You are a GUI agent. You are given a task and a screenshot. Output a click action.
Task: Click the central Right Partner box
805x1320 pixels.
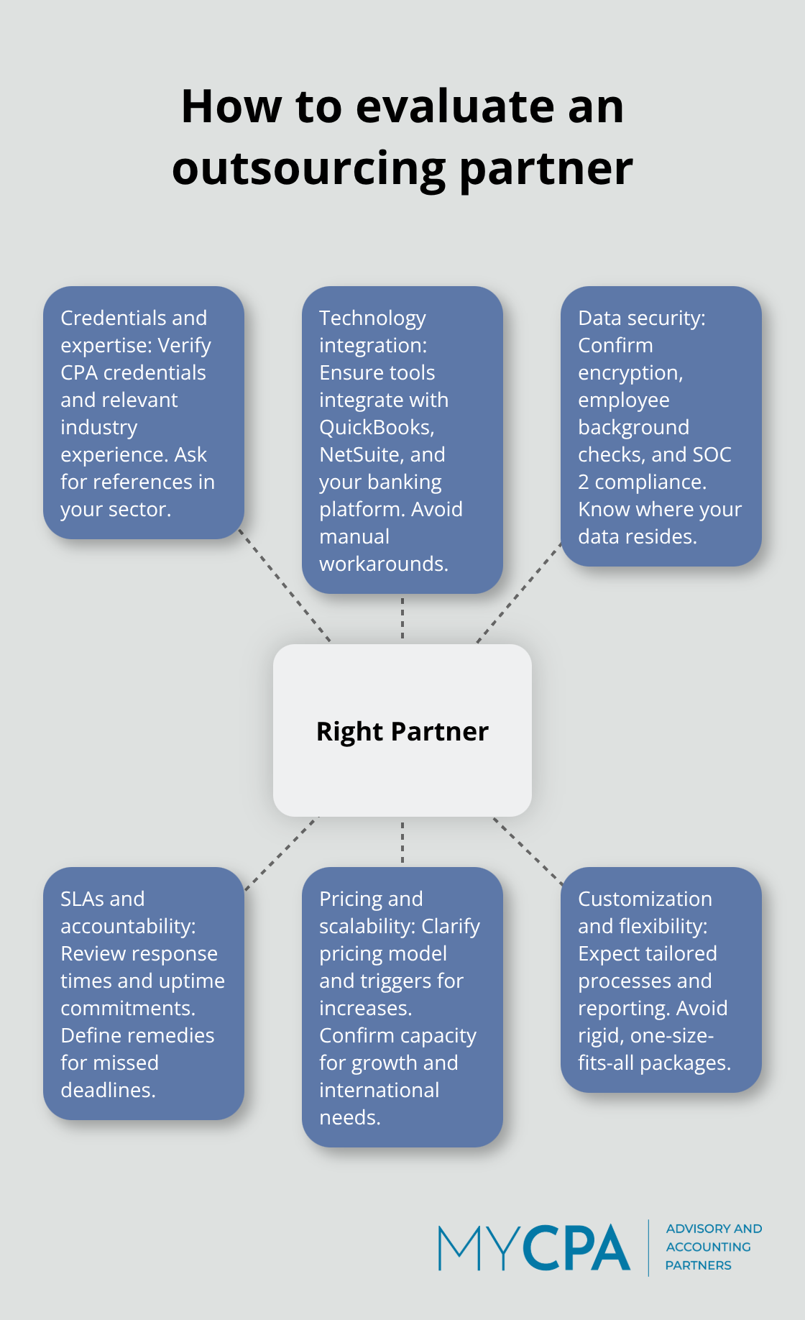click(402, 730)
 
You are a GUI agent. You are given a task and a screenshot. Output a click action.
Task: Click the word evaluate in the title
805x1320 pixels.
click(456, 106)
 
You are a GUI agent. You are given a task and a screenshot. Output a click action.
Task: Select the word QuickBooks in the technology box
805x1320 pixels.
click(375, 427)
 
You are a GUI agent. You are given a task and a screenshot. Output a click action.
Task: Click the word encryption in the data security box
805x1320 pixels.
click(629, 373)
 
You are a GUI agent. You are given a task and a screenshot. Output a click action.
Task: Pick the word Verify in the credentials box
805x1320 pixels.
click(185, 346)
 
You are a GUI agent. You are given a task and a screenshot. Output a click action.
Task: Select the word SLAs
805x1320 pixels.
click(81, 899)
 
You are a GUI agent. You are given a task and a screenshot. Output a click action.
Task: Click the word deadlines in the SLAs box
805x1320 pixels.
click(107, 1090)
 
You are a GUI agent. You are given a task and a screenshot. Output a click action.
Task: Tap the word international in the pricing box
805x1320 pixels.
click(379, 1090)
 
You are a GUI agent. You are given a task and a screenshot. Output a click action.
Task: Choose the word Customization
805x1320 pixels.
click(645, 899)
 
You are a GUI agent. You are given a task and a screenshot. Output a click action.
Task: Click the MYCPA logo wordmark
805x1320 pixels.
click(534, 1248)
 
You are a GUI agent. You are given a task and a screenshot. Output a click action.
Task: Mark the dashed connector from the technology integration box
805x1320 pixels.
click(402, 618)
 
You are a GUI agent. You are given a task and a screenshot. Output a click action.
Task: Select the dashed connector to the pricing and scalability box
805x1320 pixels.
click(402, 842)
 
